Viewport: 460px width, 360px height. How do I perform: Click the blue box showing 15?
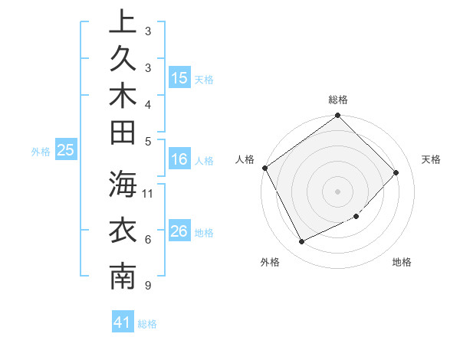click(x=179, y=78)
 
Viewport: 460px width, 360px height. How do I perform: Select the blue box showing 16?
click(x=179, y=160)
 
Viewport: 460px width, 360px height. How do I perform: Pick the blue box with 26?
click(x=179, y=231)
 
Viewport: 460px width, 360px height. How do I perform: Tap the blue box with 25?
click(x=66, y=151)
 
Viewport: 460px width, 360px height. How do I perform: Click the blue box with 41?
click(x=123, y=323)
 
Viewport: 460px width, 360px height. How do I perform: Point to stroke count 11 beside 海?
click(x=149, y=193)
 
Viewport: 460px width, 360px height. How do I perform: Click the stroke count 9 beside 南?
click(x=146, y=286)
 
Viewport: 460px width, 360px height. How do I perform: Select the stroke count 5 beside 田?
click(x=147, y=141)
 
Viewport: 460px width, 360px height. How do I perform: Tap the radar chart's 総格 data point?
click(x=337, y=116)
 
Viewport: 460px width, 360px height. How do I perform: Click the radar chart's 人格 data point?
click(x=265, y=168)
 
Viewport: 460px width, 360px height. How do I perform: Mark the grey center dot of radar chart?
click(x=337, y=191)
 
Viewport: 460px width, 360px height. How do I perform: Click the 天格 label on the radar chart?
click(x=431, y=159)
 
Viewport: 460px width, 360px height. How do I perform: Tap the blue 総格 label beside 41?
click(x=147, y=324)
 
